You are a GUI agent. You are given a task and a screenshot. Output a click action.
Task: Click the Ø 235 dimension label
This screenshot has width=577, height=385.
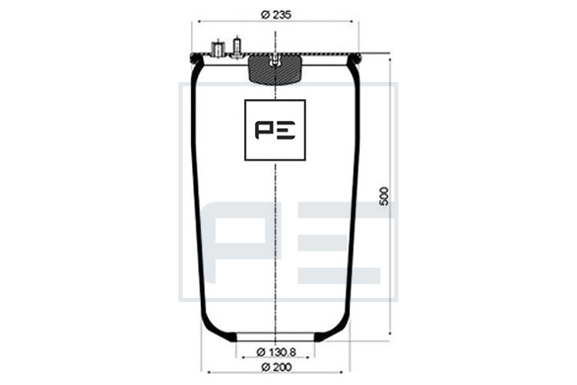point(276,14)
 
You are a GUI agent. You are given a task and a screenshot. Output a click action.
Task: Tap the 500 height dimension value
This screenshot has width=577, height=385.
point(384,197)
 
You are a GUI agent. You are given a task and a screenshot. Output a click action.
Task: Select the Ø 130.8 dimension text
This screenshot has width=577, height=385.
point(276,353)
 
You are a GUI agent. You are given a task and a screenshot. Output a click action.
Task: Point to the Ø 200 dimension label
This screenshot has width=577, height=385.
point(276,367)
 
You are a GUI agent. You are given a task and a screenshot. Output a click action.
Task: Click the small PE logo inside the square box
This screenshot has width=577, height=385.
point(275,130)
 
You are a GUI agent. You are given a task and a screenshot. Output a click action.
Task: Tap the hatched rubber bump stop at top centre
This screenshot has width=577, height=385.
point(275,69)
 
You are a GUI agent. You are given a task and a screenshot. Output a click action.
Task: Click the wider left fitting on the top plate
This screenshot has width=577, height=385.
point(217,49)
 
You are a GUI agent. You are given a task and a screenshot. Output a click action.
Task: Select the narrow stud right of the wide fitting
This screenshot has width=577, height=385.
point(236,48)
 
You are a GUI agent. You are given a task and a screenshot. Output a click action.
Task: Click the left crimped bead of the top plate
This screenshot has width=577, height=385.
point(195,59)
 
